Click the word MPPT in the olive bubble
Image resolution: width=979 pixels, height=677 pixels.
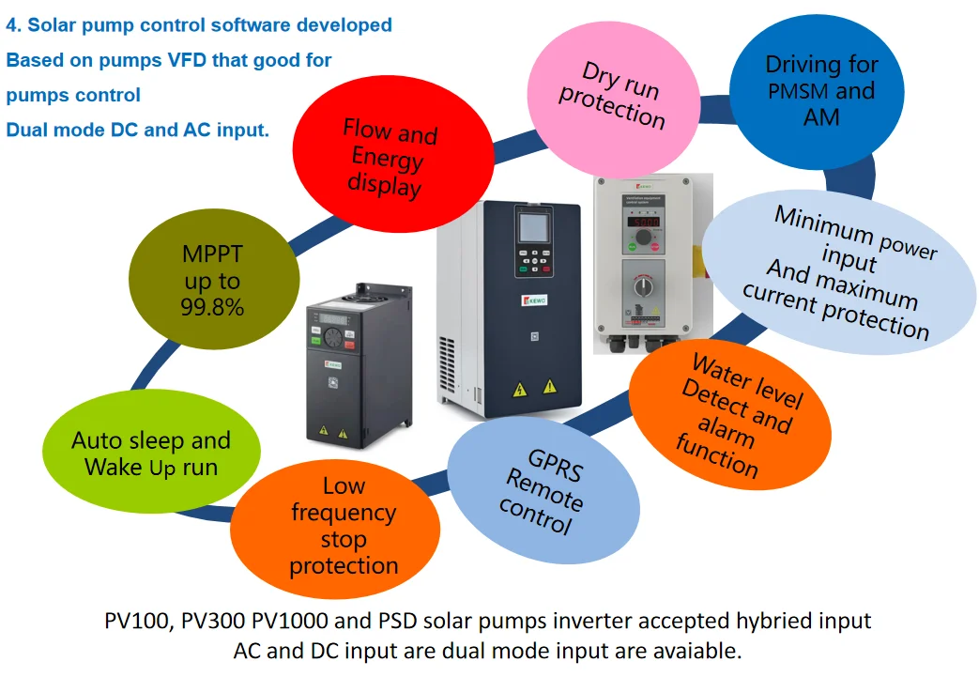[211, 254]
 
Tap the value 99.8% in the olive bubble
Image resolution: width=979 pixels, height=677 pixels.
[212, 306]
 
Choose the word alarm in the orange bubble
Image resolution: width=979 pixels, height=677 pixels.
[726, 433]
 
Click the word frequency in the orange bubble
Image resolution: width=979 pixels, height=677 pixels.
[344, 513]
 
